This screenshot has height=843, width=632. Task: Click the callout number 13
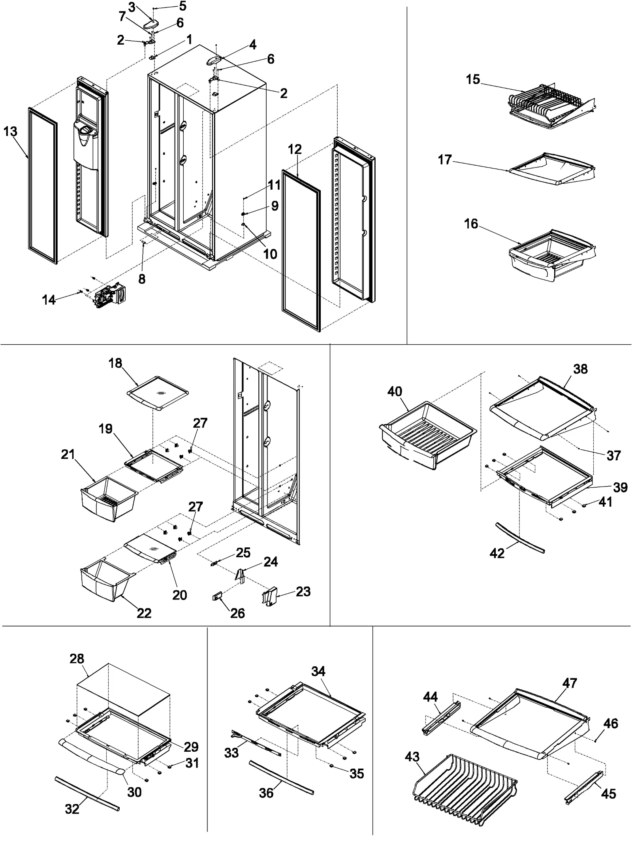click(x=10, y=131)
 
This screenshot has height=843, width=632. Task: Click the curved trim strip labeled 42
click(x=520, y=536)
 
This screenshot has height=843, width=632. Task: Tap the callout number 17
click(x=444, y=160)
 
